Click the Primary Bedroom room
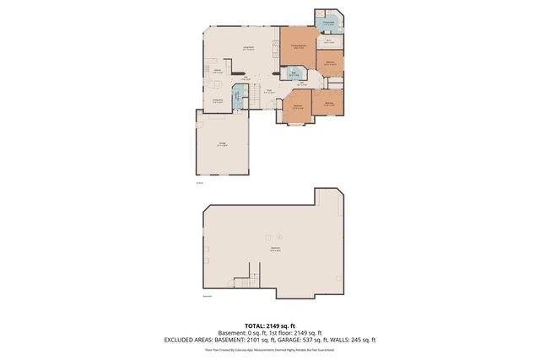(x=298, y=47)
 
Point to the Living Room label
(x=250, y=49)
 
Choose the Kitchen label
(x=217, y=71)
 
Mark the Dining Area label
(x=216, y=101)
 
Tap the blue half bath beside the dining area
(x=238, y=95)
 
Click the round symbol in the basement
(x=268, y=236)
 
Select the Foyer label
(x=268, y=91)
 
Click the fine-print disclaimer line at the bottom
(x=269, y=348)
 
